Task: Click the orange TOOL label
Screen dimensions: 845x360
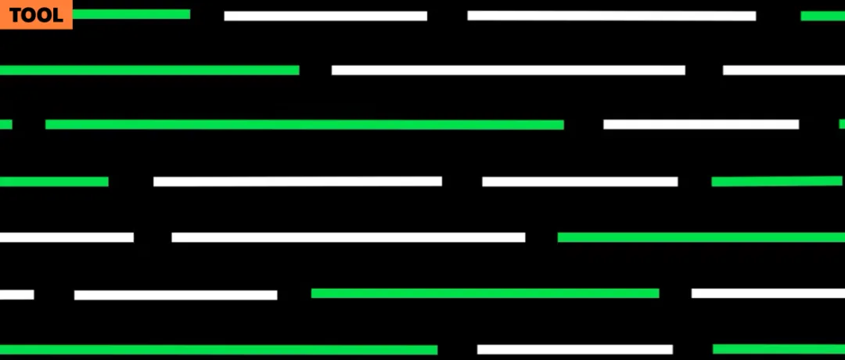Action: pyautogui.click(x=36, y=15)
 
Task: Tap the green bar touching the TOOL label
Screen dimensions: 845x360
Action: pyautogui.click(x=131, y=14)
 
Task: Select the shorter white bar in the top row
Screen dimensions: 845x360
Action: pyautogui.click(x=325, y=16)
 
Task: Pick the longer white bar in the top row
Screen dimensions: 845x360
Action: pyautogui.click(x=611, y=16)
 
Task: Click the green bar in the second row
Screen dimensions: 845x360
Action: pyautogui.click(x=149, y=70)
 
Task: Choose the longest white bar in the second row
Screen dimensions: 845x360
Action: pyautogui.click(x=508, y=70)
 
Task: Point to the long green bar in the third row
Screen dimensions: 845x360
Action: pyautogui.click(x=304, y=124)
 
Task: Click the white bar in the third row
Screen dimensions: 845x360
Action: pyautogui.click(x=701, y=124)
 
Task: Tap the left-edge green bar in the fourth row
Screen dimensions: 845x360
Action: pyautogui.click(x=54, y=182)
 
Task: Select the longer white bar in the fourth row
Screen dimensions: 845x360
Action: pyautogui.click(x=297, y=182)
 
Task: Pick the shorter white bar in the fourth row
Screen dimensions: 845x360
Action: pyautogui.click(x=580, y=182)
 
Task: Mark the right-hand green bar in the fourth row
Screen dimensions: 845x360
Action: pyautogui.click(x=777, y=182)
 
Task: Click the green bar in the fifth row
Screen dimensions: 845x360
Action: pyautogui.click(x=701, y=237)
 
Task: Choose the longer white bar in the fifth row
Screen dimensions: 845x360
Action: pyautogui.click(x=348, y=237)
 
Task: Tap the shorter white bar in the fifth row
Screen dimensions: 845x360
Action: pyautogui.click(x=67, y=237)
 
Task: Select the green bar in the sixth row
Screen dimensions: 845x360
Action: pyautogui.click(x=485, y=293)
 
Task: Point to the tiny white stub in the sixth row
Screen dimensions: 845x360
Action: pyautogui.click(x=16, y=295)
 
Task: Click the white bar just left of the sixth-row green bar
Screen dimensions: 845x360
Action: pyautogui.click(x=175, y=295)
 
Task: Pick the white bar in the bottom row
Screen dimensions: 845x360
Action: pyautogui.click(x=575, y=350)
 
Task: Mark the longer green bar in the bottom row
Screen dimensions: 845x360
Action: pyautogui.click(x=218, y=350)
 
